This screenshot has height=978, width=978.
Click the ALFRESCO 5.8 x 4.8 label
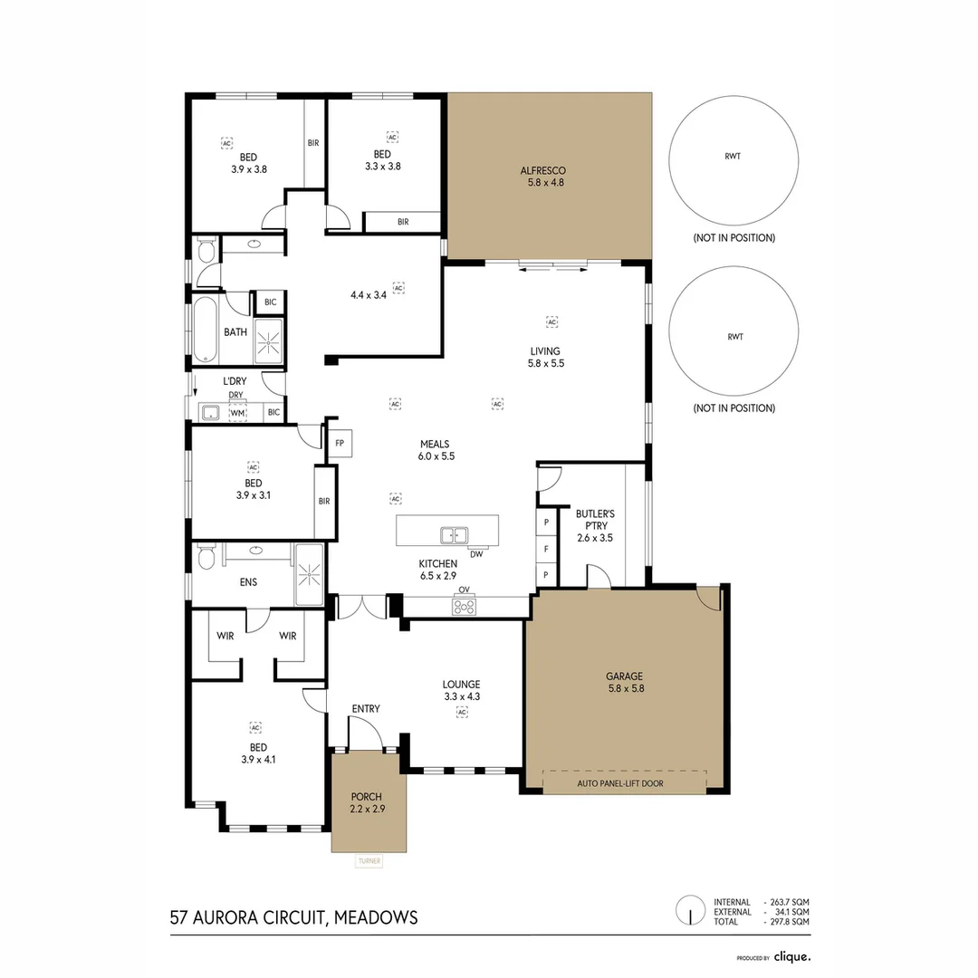click(x=542, y=176)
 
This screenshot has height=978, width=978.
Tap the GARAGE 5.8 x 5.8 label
click(x=625, y=682)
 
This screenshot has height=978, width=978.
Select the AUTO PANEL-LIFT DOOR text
click(x=624, y=783)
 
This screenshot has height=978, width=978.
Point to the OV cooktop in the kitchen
click(x=465, y=607)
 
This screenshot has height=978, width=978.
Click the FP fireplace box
click(x=340, y=443)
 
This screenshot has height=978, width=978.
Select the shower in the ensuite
click(x=309, y=574)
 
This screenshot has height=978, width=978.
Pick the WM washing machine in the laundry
click(x=237, y=413)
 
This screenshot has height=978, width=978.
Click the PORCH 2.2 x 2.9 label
click(x=368, y=803)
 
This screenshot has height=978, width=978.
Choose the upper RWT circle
click(x=733, y=157)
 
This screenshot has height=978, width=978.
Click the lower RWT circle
click(x=733, y=336)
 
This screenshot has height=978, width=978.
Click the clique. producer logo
click(x=791, y=956)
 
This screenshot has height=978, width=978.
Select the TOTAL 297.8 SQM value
click(x=787, y=921)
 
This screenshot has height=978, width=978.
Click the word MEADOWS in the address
click(x=376, y=917)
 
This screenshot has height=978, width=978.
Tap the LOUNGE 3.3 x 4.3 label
click(x=461, y=690)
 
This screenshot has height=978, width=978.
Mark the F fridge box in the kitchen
click(x=547, y=549)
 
